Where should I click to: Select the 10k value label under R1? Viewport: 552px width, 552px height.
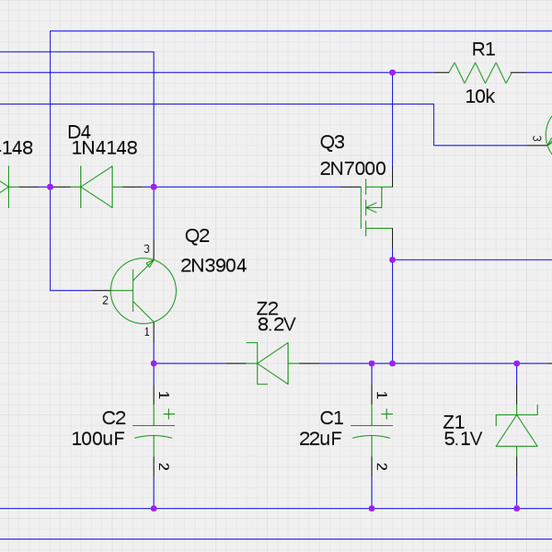point(479,97)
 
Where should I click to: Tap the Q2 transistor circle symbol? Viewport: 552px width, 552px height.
point(143,290)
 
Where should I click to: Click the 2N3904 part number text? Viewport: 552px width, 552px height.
point(213,266)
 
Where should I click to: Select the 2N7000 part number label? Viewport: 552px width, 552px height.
point(352,168)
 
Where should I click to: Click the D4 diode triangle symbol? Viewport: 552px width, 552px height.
point(96,187)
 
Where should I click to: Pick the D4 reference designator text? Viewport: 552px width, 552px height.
point(80,132)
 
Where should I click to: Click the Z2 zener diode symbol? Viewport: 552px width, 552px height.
point(271,362)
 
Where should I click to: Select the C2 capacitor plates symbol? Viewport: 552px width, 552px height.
point(154,431)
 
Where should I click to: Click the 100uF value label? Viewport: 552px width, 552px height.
point(98,439)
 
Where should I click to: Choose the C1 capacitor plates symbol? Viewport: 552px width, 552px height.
point(373,431)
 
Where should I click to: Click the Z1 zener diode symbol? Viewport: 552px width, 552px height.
point(516,431)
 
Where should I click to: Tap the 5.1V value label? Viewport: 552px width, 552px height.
point(463,439)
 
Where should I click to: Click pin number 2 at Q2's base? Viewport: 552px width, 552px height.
point(105,301)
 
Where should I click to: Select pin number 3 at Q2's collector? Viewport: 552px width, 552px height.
point(146,249)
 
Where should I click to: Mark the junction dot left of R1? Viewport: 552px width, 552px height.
point(393,71)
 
